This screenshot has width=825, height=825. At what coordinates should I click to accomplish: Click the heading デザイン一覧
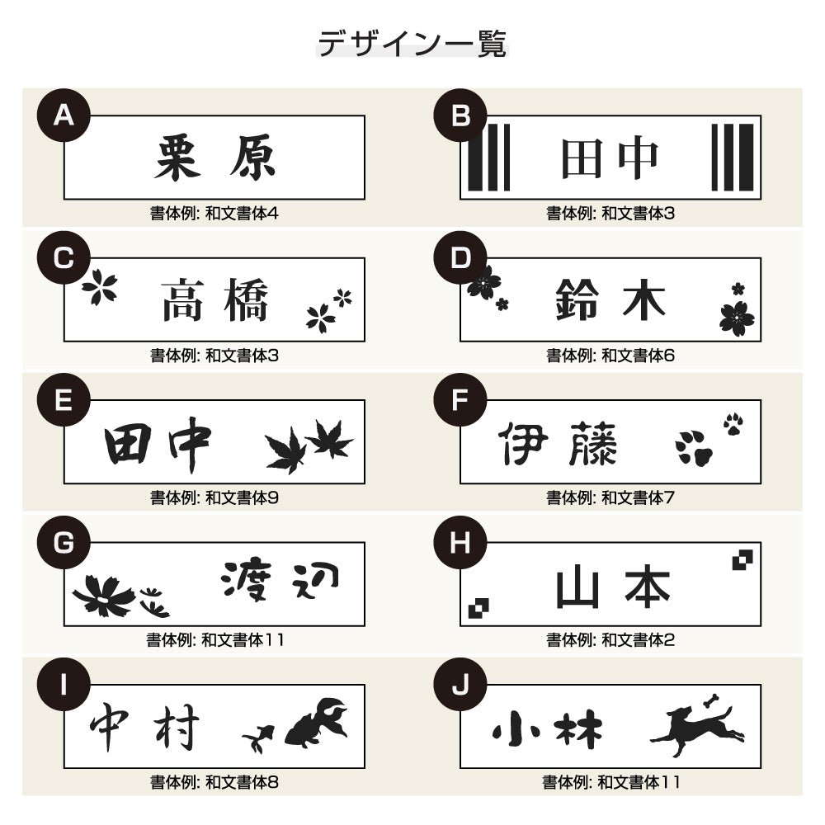tap(412, 44)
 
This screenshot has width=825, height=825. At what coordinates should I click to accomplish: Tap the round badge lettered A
tap(64, 116)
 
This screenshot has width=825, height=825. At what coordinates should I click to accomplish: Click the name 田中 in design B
tap(610, 158)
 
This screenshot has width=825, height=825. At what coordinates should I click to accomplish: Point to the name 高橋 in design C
tap(214, 299)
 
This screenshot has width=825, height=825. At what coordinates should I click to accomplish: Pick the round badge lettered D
tap(460, 258)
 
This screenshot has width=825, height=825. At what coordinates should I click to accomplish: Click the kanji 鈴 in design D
tap(577, 299)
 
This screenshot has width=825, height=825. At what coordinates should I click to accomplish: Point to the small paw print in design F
tap(733, 424)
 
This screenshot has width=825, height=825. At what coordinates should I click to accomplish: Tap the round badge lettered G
tap(64, 543)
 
